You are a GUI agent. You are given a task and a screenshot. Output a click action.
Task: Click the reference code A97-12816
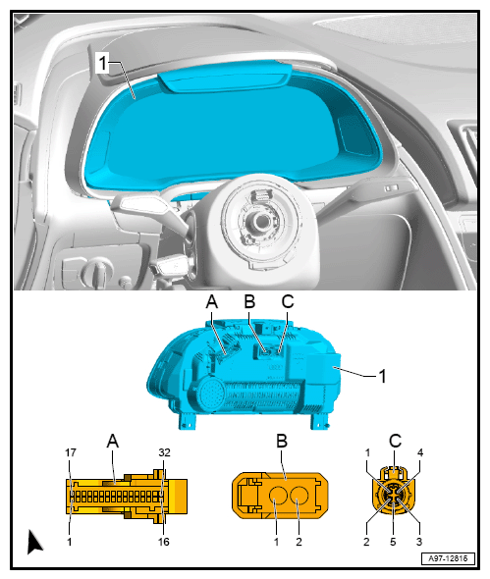(448, 558)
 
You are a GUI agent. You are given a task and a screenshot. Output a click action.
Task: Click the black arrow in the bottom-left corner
(34, 542)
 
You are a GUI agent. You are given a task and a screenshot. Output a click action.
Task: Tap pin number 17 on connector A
(71, 452)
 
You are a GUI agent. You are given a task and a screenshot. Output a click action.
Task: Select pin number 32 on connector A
(164, 452)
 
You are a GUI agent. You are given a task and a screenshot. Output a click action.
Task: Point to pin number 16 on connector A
(164, 542)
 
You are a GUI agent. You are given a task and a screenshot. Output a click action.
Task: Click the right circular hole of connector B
(299, 496)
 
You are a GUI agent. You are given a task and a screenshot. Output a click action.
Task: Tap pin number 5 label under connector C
(393, 542)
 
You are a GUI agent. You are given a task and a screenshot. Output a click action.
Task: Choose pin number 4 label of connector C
(420, 452)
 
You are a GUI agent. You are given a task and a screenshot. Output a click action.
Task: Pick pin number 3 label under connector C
(419, 542)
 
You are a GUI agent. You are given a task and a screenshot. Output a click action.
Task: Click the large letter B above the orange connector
(282, 441)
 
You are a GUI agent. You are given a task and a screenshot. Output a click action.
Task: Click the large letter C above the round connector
(395, 441)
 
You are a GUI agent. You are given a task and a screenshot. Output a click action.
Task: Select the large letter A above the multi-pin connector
(113, 441)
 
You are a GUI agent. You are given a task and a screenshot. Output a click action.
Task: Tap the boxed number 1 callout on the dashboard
(102, 63)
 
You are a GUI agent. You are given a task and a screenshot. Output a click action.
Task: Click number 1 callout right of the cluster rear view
(382, 376)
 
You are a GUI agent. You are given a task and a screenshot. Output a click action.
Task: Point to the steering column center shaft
(261, 221)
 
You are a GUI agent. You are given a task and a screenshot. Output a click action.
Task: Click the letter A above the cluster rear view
(212, 301)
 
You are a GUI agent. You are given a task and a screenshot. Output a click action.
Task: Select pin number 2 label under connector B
(299, 542)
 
